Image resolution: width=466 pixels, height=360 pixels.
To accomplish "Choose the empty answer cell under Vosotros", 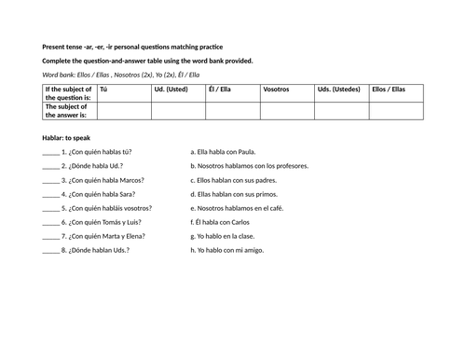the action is point(287,109).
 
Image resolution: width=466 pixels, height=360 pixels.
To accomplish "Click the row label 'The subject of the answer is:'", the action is point(68,109).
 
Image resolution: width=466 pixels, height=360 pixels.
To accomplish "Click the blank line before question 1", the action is point(50,152).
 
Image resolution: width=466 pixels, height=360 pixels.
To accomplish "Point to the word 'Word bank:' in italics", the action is point(62,74).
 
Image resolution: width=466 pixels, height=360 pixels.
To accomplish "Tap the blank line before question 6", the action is point(50,222).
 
